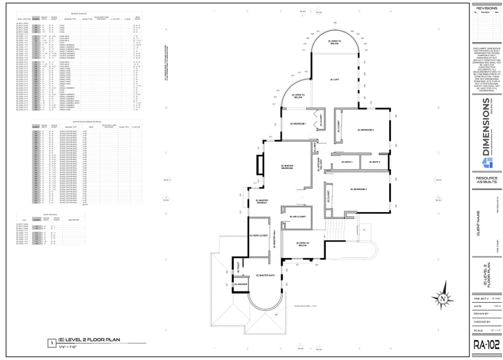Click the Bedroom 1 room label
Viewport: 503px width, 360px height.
click(x=298, y=123)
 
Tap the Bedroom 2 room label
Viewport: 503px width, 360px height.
click(x=367, y=130)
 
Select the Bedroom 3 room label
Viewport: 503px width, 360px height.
click(x=359, y=189)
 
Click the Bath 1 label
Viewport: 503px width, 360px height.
click(x=347, y=162)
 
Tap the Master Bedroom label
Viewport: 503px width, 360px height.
click(x=287, y=167)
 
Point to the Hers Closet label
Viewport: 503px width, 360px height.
click(x=258, y=235)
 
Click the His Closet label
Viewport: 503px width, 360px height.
click(x=297, y=217)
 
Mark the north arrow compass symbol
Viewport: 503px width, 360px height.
click(x=443, y=297)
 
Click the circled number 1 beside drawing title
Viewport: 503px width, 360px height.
click(x=51, y=343)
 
